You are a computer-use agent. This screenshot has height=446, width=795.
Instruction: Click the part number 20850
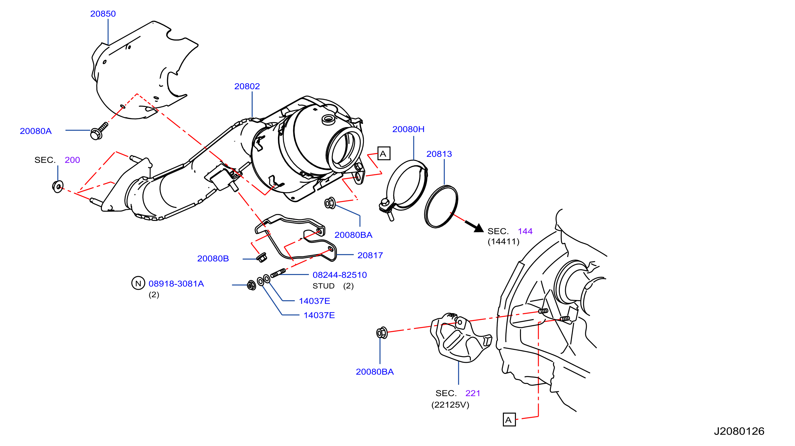coord(103,14)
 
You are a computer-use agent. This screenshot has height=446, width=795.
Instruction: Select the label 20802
coord(247,87)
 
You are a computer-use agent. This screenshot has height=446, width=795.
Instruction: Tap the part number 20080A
coord(35,131)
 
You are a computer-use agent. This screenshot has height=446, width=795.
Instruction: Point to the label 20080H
coord(408,129)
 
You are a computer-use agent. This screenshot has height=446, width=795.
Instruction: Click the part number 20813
coord(439,154)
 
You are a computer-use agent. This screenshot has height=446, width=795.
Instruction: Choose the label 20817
coord(370,255)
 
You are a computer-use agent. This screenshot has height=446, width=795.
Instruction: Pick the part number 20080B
coord(213,259)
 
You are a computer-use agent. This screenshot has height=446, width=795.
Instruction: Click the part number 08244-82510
coord(340,275)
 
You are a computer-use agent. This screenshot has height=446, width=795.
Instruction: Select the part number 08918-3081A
coord(176,284)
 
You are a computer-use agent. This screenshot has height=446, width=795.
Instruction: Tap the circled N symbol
coord(138,283)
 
